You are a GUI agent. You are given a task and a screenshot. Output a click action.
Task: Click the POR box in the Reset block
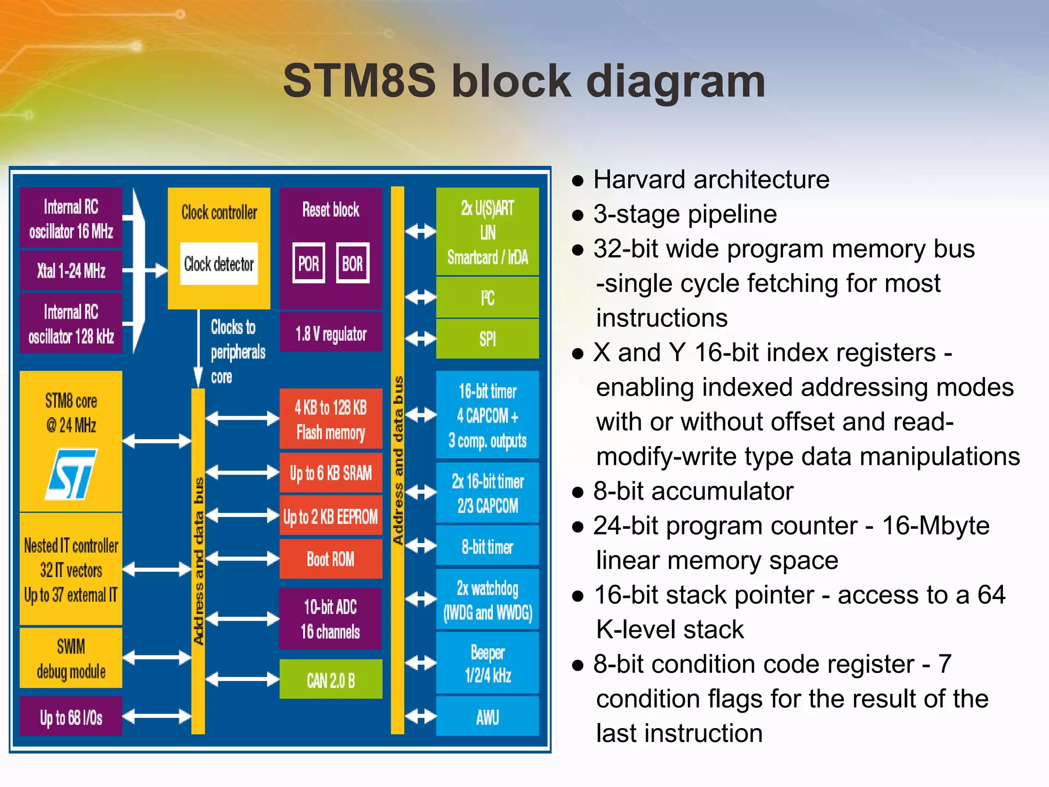click(308, 263)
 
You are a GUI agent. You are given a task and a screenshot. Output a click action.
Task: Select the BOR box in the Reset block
click(352, 263)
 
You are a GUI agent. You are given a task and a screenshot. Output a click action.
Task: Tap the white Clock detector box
click(219, 264)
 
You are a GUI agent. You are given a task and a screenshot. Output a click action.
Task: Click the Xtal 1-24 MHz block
click(71, 271)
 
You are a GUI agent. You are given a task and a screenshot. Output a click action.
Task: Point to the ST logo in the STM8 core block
click(71, 474)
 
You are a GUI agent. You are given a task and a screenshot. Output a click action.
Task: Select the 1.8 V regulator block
click(331, 334)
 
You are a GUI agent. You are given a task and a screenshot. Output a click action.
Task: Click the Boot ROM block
click(331, 559)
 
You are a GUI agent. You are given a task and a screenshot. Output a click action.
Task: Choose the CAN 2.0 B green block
click(331, 680)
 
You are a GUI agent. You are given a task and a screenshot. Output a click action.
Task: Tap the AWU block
click(487, 717)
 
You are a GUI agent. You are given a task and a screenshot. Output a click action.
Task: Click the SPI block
click(487, 339)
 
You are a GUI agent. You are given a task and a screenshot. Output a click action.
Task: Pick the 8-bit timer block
click(487, 547)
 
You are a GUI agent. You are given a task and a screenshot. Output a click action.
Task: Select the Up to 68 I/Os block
click(71, 717)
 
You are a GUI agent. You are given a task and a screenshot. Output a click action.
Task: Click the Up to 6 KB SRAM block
click(331, 472)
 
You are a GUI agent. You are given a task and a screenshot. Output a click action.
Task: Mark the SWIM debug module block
click(71, 658)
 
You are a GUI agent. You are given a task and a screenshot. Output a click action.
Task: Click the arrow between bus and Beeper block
click(421, 662)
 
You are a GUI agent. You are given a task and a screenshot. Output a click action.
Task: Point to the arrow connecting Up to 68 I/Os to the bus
click(157, 716)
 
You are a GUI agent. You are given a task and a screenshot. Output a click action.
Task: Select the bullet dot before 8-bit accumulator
click(578, 492)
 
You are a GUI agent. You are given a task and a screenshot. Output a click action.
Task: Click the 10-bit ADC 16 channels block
click(330, 619)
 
